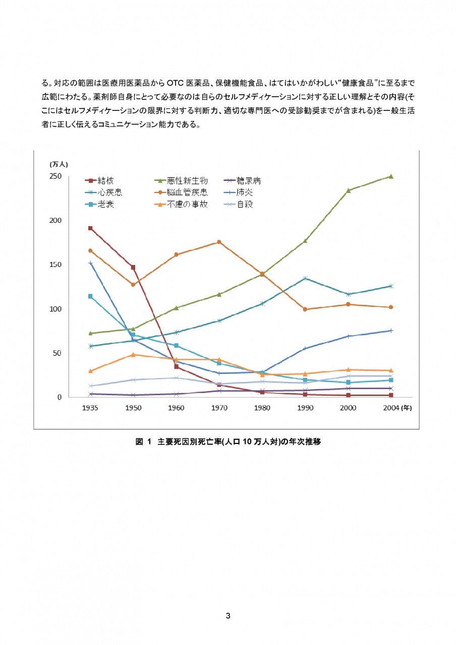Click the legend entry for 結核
click(x=100, y=180)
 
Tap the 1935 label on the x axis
click(x=90, y=408)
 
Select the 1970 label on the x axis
click(x=219, y=408)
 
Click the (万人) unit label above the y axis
click(x=59, y=164)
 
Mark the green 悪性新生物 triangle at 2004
click(x=390, y=176)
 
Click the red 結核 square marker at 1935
click(x=90, y=228)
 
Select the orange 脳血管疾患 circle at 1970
click(x=219, y=242)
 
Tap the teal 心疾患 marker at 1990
click(x=305, y=278)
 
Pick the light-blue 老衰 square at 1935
click(x=90, y=296)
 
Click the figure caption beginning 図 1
click(x=228, y=442)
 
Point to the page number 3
click(x=228, y=616)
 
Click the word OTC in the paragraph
click(x=176, y=82)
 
